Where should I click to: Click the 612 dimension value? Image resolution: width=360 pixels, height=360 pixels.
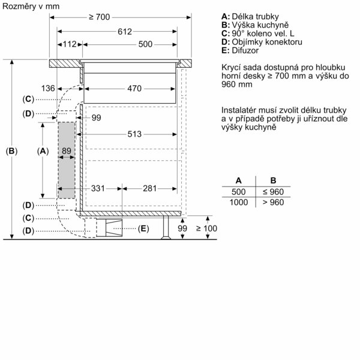[x=125, y=32]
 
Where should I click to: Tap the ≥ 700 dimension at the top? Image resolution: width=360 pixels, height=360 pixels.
[x=100, y=17]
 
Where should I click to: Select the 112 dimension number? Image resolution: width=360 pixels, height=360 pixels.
[x=70, y=44]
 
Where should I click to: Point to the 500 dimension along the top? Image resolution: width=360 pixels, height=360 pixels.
[x=145, y=44]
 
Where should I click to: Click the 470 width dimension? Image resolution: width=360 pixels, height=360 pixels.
[x=134, y=88]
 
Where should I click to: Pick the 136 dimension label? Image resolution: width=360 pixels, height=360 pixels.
[x=48, y=88]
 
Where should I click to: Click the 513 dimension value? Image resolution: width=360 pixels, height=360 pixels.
[x=134, y=134]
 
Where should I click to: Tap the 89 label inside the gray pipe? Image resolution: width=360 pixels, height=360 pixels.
[x=67, y=151]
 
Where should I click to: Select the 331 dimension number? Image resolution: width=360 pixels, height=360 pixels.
[x=98, y=188]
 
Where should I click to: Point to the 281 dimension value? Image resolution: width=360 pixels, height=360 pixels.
[x=149, y=188]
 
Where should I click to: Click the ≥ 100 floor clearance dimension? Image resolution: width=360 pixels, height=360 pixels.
[x=206, y=229]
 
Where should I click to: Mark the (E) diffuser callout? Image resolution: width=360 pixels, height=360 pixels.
[x=143, y=229]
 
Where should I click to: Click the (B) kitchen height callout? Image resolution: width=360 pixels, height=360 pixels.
[x=11, y=151]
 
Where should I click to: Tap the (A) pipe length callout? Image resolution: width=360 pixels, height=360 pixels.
[x=43, y=151]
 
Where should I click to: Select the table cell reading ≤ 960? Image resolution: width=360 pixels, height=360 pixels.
[x=273, y=192]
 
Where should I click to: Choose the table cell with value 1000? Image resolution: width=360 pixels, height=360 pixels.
[x=239, y=203]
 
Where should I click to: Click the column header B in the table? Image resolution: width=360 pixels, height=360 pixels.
[x=273, y=181]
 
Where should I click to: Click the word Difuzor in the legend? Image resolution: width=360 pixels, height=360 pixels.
[x=245, y=50]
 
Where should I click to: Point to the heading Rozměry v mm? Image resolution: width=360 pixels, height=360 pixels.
[x=31, y=6]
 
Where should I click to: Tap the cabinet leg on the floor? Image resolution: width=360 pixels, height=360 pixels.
[x=166, y=227]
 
